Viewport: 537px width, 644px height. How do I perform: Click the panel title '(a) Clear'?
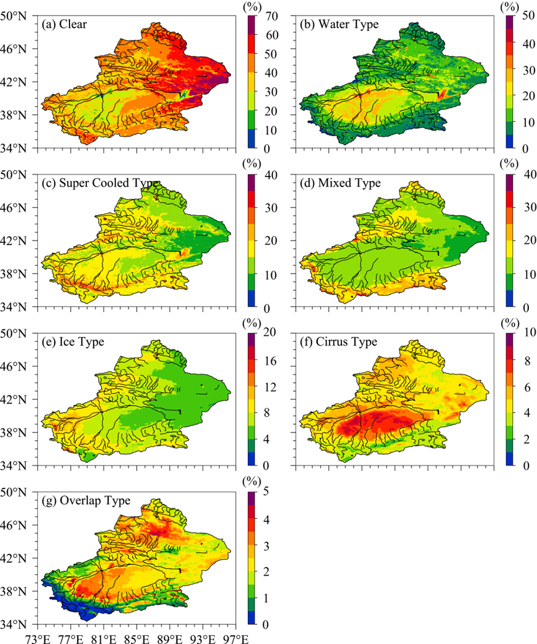pyautogui.click(x=65, y=25)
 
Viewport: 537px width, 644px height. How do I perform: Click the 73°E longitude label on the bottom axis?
pyautogui.click(x=37, y=637)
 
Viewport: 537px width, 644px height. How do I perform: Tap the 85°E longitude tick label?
pyautogui.click(x=136, y=637)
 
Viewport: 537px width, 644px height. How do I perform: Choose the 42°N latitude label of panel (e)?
pyautogui.click(x=21, y=399)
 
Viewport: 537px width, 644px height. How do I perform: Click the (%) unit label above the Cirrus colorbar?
pyautogui.click(x=508, y=323)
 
